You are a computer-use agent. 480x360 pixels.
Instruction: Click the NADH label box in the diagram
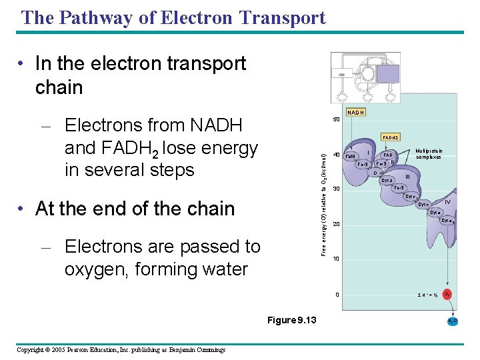[x=355, y=112]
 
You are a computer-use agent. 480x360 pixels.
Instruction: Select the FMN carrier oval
[x=351, y=158]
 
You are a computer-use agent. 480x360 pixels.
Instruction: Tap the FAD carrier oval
[x=387, y=155]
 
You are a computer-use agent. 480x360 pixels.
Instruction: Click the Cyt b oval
[x=387, y=181]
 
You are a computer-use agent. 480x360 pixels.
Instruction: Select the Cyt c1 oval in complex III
[x=412, y=197]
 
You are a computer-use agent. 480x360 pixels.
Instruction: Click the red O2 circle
[x=448, y=294]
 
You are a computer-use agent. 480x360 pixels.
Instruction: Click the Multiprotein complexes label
[x=429, y=154]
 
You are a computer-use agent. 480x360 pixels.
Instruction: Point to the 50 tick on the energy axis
[x=336, y=121]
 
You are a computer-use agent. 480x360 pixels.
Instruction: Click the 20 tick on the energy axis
[x=336, y=224]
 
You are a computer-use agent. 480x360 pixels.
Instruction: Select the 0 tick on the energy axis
[x=337, y=295]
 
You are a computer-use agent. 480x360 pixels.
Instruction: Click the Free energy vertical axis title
[x=323, y=204]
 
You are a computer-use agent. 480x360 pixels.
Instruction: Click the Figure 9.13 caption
[x=291, y=321]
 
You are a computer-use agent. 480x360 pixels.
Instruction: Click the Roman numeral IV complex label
[x=447, y=201]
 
